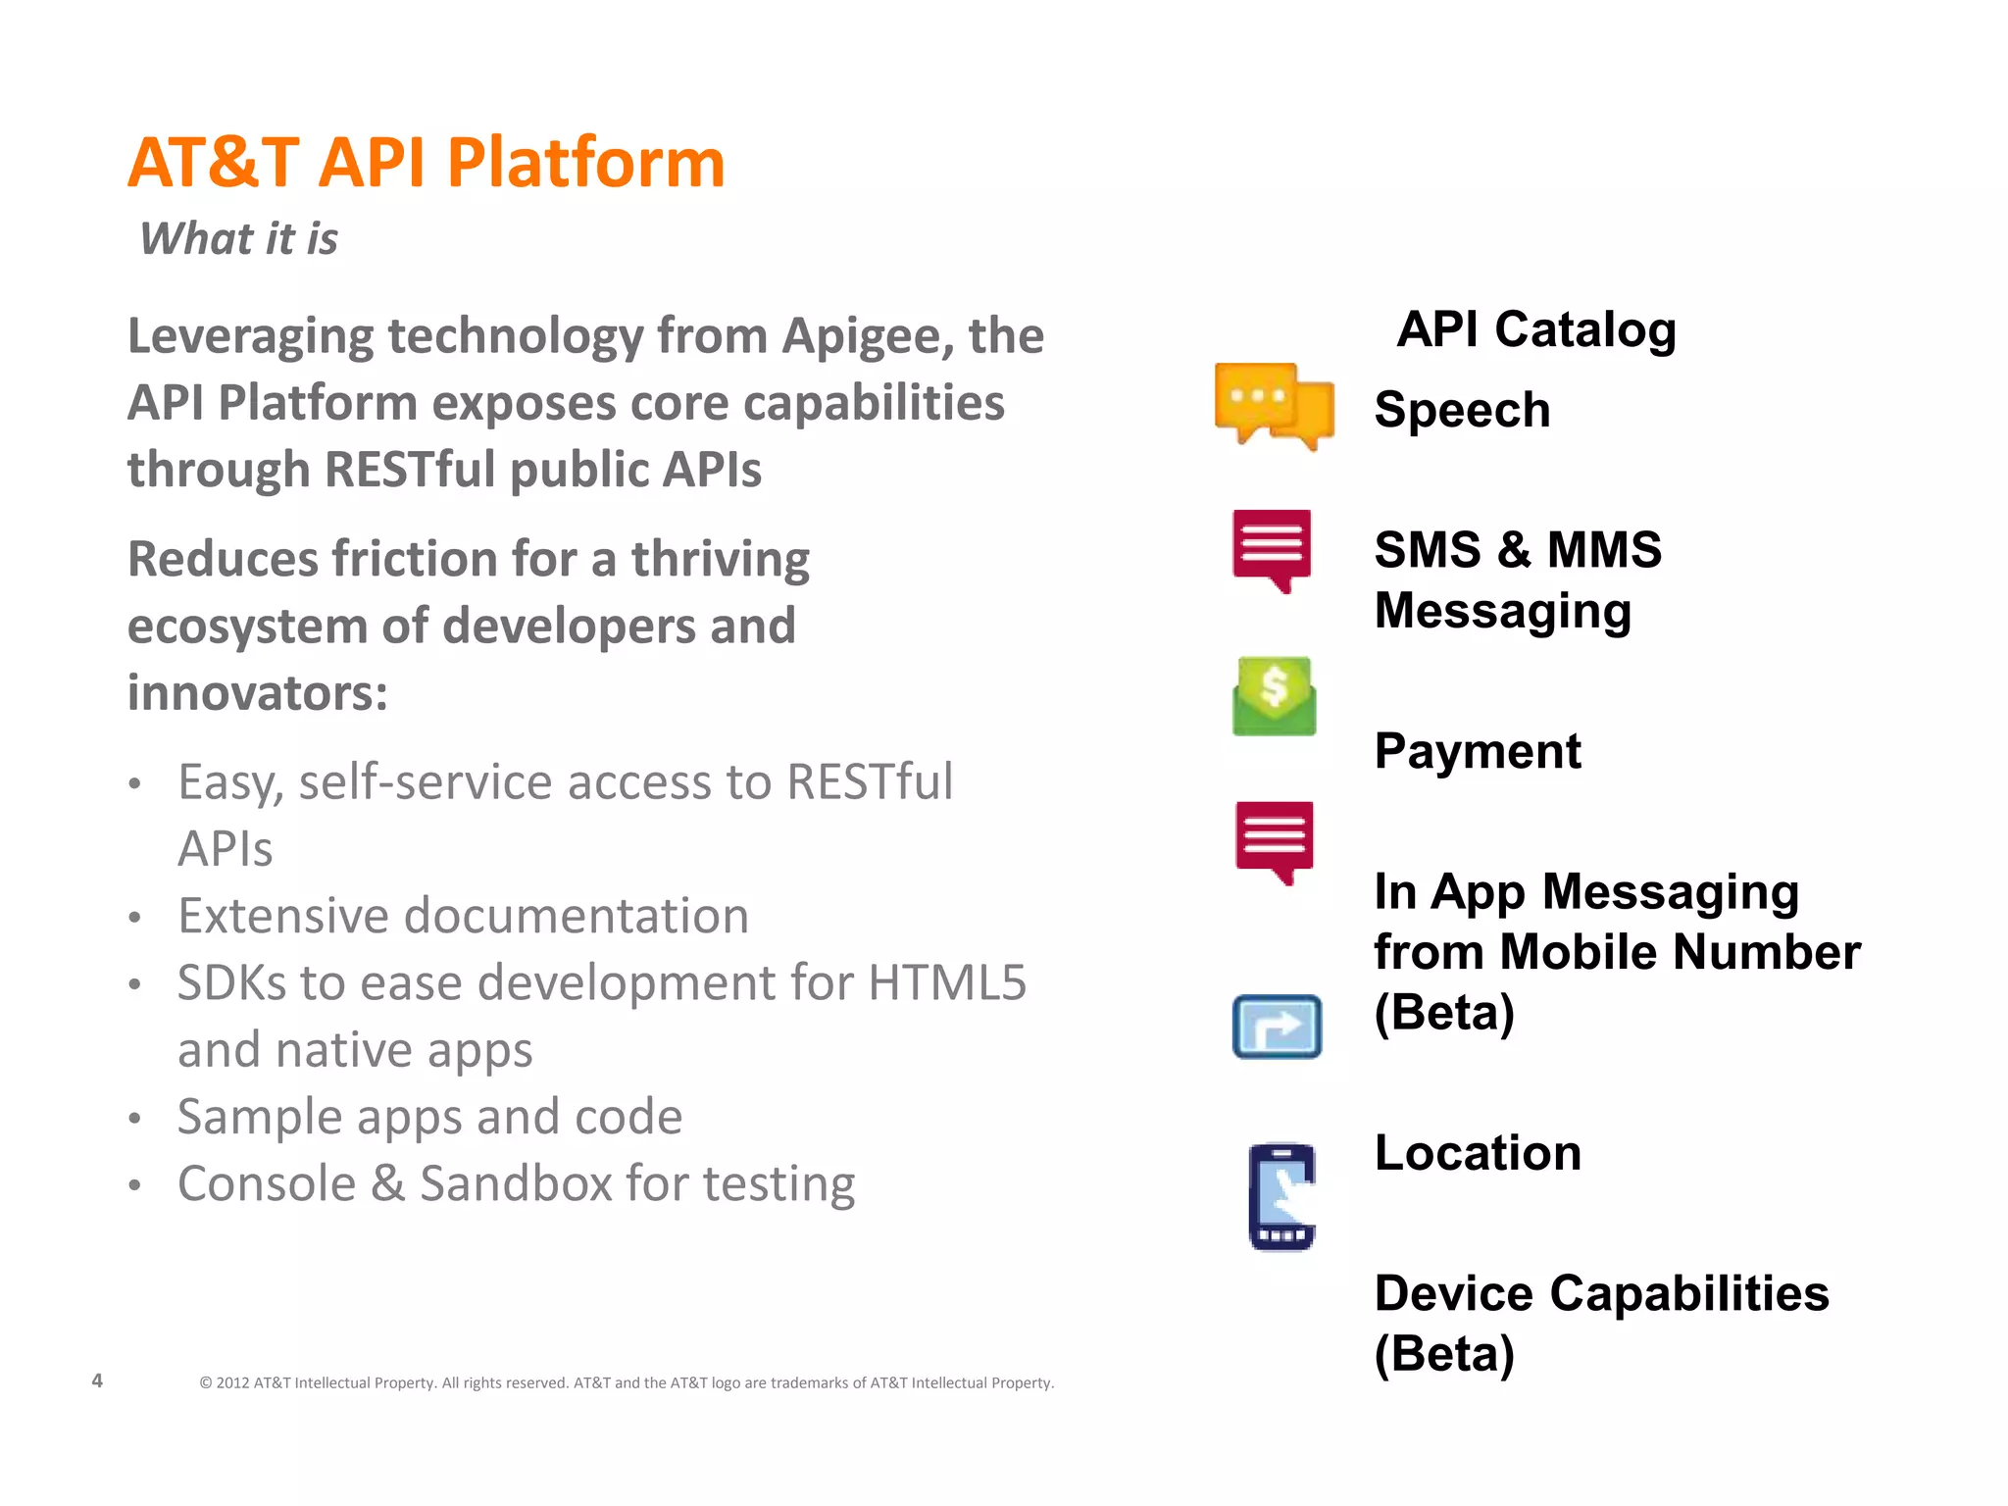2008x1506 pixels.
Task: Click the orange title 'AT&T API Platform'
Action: point(427,163)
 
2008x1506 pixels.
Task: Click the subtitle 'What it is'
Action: point(238,238)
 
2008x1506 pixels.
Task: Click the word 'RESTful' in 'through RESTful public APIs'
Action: point(411,470)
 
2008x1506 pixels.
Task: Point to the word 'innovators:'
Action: point(258,693)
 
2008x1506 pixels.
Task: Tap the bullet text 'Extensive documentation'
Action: point(463,916)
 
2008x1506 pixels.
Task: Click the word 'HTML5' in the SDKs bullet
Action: point(947,982)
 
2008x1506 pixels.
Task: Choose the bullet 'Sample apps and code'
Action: point(429,1117)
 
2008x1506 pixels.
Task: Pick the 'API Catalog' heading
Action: point(1536,329)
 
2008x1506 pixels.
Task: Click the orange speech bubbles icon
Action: point(1274,406)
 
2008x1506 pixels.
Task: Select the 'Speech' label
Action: point(1462,410)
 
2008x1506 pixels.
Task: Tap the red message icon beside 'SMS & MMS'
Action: point(1272,549)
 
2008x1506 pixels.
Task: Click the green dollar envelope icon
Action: point(1274,696)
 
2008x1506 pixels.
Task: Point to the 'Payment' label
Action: point(1478,752)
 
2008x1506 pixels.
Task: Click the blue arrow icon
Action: point(1277,1027)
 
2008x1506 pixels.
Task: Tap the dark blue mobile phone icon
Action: point(1281,1196)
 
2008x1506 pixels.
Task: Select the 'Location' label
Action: point(1478,1153)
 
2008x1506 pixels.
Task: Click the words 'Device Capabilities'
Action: point(1601,1293)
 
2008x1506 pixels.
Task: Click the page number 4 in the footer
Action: point(97,1380)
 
